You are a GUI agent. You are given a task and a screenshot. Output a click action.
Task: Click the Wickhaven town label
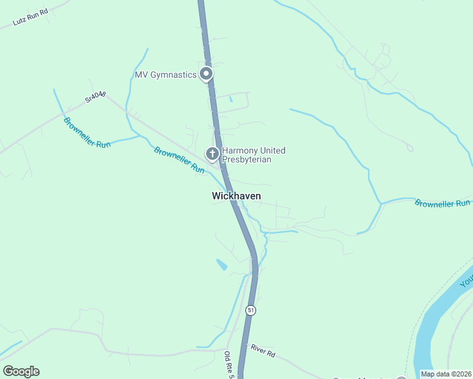pyautogui.click(x=236, y=196)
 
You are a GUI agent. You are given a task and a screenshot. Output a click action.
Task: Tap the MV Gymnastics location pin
pyautogui.click(x=206, y=75)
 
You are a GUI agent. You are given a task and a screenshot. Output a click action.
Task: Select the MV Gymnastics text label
pyautogui.click(x=166, y=75)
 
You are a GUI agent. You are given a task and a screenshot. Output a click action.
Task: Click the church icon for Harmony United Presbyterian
pyautogui.click(x=212, y=153)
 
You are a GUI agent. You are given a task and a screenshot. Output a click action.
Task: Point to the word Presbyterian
pyautogui.click(x=249, y=160)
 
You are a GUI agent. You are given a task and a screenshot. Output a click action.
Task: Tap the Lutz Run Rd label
pyautogui.click(x=30, y=19)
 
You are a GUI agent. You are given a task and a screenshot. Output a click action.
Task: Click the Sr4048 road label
pyautogui.click(x=95, y=97)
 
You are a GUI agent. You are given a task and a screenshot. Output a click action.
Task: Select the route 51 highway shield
pyautogui.click(x=251, y=311)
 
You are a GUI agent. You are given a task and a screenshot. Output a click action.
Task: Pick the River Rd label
pyautogui.click(x=262, y=351)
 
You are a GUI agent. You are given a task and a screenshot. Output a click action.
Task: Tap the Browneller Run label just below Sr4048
pyautogui.click(x=87, y=132)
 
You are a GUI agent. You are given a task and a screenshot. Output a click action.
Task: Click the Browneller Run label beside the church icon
pyautogui.click(x=180, y=160)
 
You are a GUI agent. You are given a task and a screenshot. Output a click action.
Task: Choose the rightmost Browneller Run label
pyautogui.click(x=443, y=203)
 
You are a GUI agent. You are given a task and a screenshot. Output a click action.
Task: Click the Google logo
pyautogui.click(x=21, y=371)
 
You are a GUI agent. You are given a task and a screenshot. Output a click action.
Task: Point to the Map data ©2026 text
pyautogui.click(x=446, y=374)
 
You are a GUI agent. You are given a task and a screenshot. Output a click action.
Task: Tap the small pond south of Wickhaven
pyautogui.click(x=222, y=265)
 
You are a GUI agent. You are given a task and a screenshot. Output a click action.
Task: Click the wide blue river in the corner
pyautogui.click(x=443, y=322)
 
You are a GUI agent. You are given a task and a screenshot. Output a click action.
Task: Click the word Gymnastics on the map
pyautogui.click(x=176, y=75)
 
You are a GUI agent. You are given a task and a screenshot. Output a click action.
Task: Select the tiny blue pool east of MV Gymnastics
pyautogui.click(x=231, y=99)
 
